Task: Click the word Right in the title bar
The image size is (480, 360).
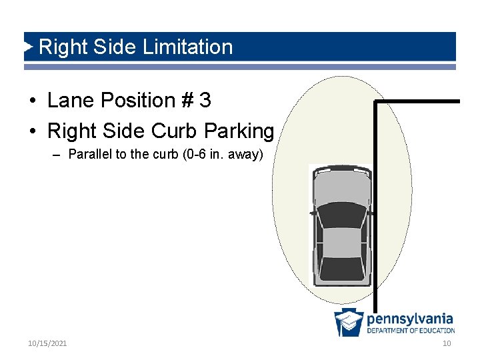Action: coord(59,47)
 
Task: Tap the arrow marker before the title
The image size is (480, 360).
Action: coord(29,47)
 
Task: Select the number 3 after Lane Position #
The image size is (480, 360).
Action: coord(205,101)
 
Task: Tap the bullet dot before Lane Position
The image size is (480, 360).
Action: coord(32,101)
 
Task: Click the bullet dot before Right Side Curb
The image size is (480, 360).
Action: coord(32,132)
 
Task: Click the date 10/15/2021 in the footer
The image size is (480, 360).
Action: coord(47,343)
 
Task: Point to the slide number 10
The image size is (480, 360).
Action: coord(447,343)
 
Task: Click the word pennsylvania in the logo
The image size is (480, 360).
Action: coord(410,319)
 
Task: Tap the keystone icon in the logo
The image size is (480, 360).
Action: coord(349,322)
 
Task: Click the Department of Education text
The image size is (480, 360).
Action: coord(411,331)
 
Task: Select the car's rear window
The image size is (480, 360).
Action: coord(342,267)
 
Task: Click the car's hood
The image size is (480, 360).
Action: coord(342,188)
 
